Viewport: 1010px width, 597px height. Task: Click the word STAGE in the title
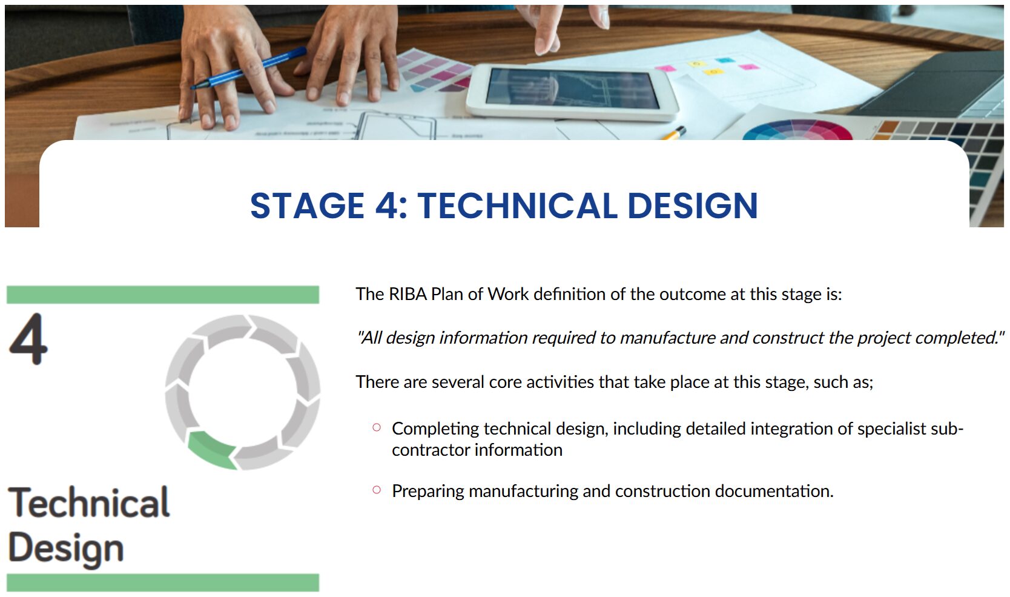tap(307, 206)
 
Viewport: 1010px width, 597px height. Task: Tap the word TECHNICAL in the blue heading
tap(517, 206)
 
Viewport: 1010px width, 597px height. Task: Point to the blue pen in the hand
tap(249, 68)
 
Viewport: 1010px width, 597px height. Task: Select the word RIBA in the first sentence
tap(408, 294)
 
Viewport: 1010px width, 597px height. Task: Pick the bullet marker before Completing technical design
tap(377, 427)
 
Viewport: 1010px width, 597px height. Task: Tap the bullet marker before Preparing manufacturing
tap(377, 490)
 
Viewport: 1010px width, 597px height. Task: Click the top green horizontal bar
tap(163, 294)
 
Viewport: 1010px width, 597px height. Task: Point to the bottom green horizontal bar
tap(163, 582)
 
